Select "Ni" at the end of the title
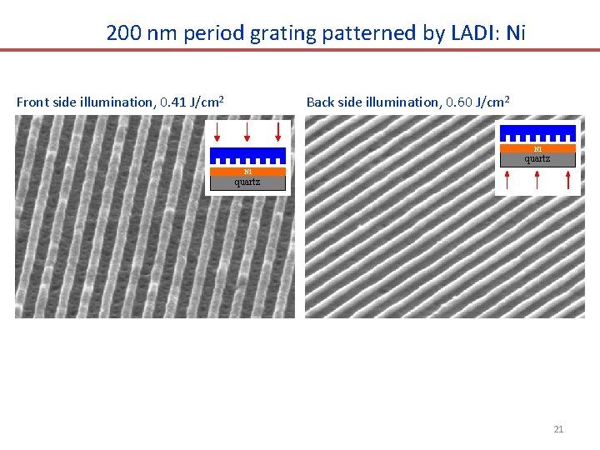(x=516, y=33)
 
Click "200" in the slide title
(x=122, y=33)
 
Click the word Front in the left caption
(x=32, y=102)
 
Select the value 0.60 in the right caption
(x=460, y=102)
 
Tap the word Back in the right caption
(x=321, y=102)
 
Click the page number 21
(x=558, y=429)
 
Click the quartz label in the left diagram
(x=247, y=182)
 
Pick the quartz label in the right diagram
(x=537, y=159)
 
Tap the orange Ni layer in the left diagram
(x=247, y=172)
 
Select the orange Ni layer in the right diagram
(x=537, y=148)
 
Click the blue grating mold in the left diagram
(x=247, y=154)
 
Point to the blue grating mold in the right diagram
(x=537, y=132)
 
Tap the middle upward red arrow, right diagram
(x=537, y=180)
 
